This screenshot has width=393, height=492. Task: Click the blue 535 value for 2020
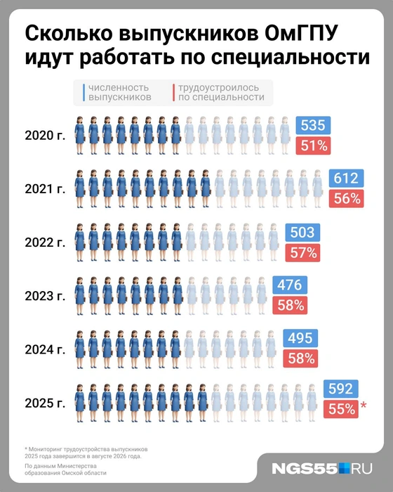(313, 126)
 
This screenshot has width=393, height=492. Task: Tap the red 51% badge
(313, 145)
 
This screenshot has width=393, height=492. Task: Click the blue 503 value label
(303, 233)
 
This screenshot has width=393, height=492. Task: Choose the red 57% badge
(303, 252)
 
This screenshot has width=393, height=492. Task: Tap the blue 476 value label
(289, 285)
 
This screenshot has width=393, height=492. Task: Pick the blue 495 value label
(300, 338)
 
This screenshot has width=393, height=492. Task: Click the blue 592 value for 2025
(341, 389)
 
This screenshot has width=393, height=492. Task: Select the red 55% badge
(341, 408)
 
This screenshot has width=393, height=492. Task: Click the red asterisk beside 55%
(364, 406)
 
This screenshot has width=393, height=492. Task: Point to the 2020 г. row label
(44, 136)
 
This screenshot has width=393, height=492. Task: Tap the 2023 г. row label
(44, 295)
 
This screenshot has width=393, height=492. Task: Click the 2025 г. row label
(44, 403)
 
